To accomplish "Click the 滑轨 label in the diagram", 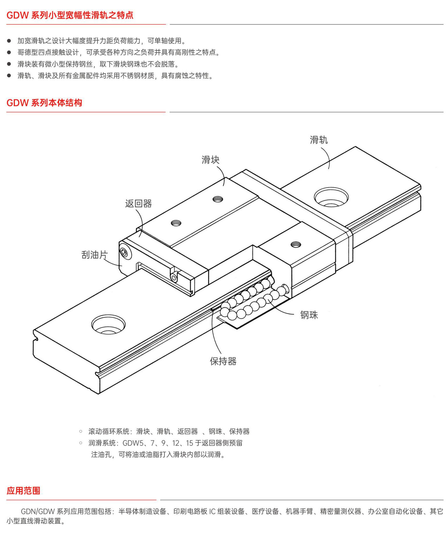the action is [319, 140].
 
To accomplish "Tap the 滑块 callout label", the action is [210, 160].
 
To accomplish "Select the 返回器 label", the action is [138, 204].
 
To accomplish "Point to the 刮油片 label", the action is [95, 255].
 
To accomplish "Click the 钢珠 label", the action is [309, 315].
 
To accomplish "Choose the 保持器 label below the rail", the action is [223, 361].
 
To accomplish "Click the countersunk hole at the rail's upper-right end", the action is [331, 197].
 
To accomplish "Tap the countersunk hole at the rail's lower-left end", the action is [108, 325].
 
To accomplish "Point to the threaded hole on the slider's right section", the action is [295, 245].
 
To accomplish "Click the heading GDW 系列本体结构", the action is [44, 103].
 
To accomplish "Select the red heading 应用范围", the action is [23, 490].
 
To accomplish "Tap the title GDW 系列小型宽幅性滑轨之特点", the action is [70, 15].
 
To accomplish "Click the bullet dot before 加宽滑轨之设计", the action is [9, 41].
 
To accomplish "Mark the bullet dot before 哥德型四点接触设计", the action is [9, 52].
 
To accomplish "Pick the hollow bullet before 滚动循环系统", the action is [81, 431].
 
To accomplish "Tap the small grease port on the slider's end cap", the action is [173, 277].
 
